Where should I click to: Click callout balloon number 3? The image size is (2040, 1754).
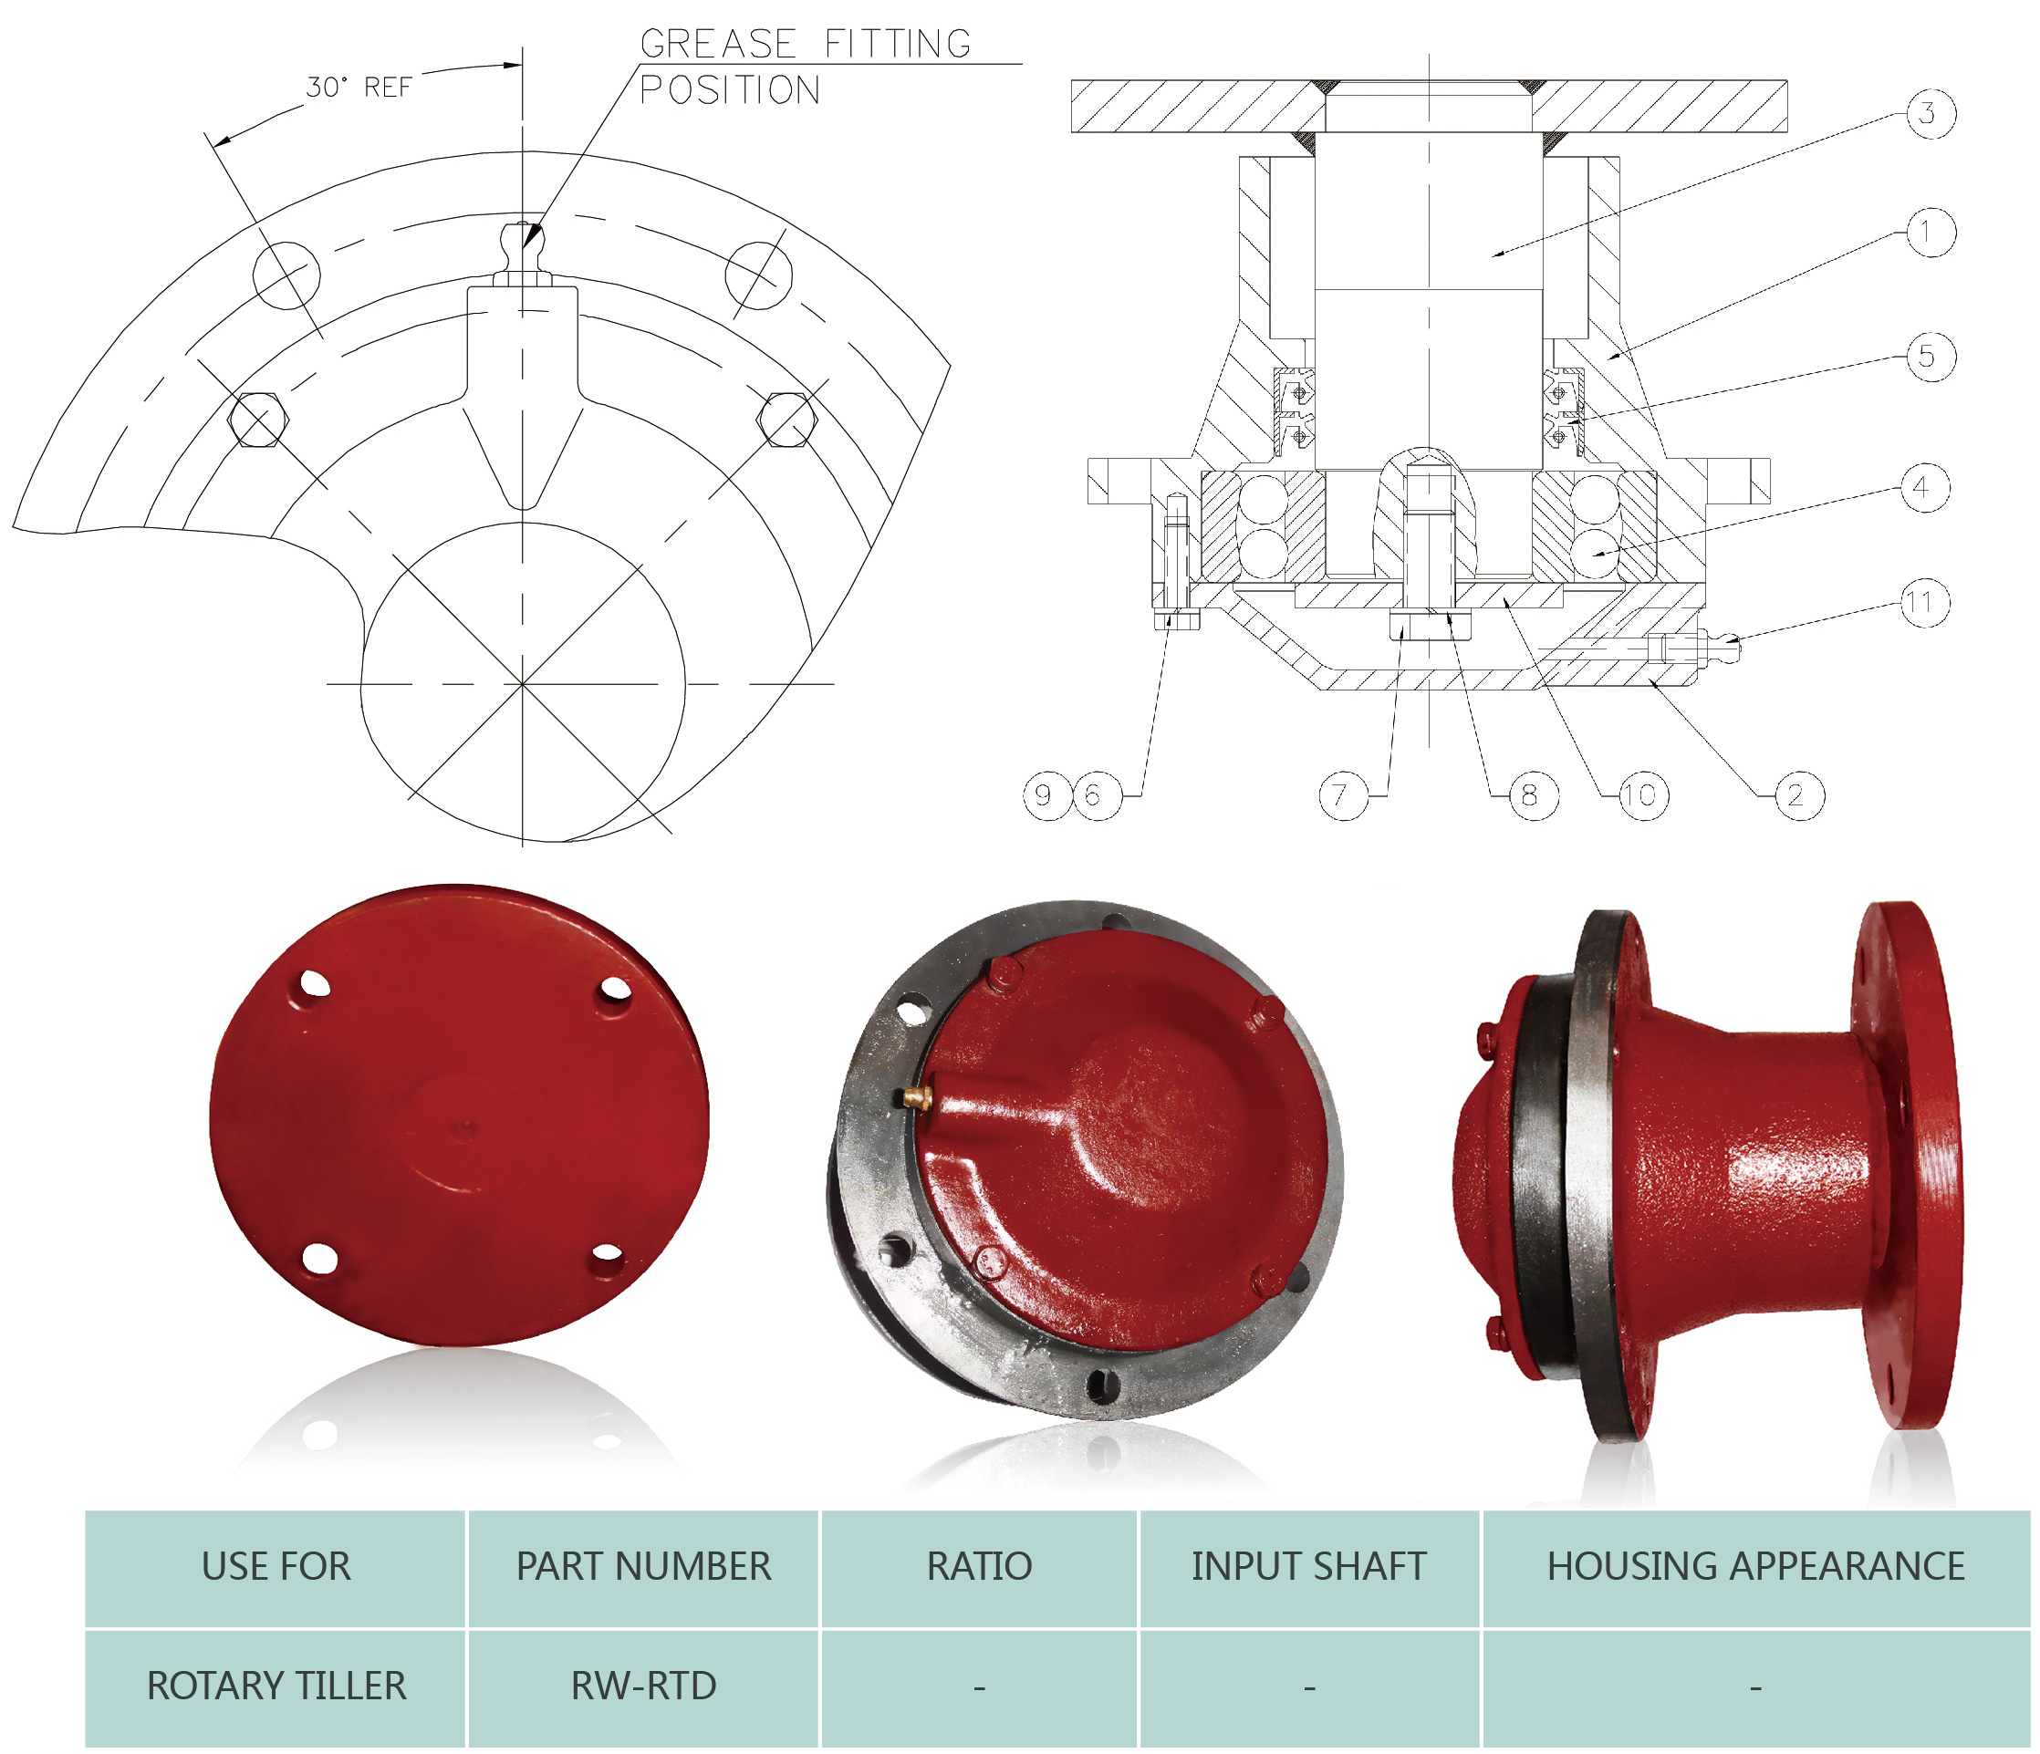(1929, 113)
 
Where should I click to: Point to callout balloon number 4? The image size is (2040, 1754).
(1923, 487)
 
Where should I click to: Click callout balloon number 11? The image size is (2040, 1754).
(1923, 602)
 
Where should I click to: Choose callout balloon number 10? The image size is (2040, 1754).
(1642, 795)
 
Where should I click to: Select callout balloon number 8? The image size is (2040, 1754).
(1532, 795)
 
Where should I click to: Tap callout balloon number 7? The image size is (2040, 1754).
(1343, 795)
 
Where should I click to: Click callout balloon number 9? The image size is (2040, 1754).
(1046, 794)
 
